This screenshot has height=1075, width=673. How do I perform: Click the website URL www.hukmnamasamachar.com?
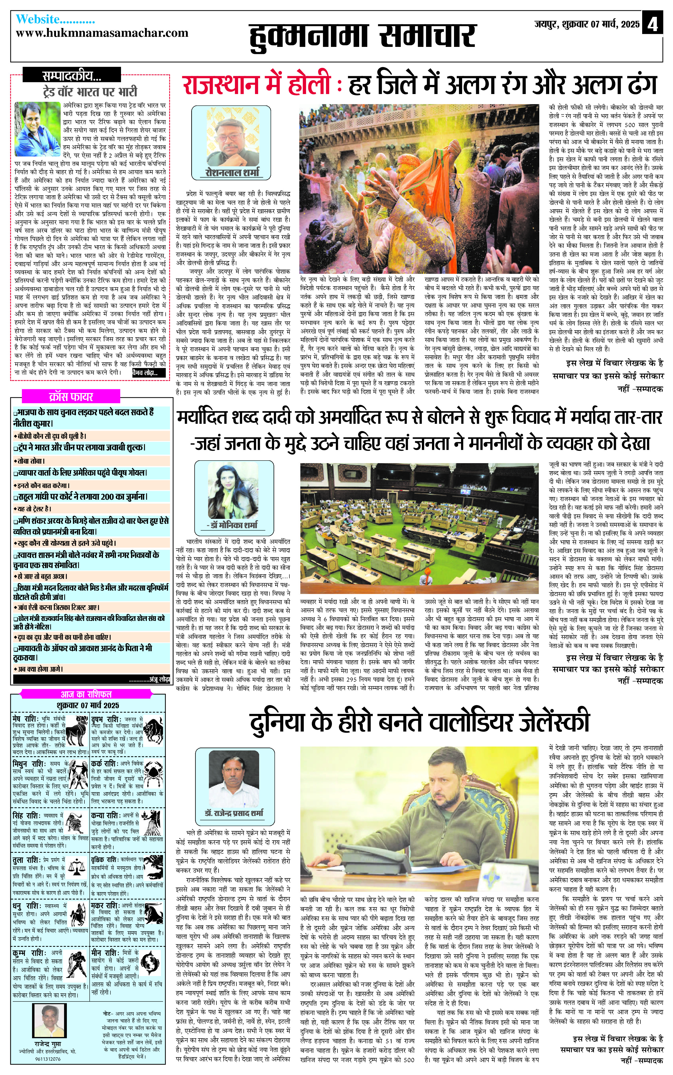[102, 33]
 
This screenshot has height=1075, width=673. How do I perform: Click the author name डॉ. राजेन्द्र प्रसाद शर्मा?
[234, 813]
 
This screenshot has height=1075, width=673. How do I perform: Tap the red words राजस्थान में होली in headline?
[256, 84]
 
